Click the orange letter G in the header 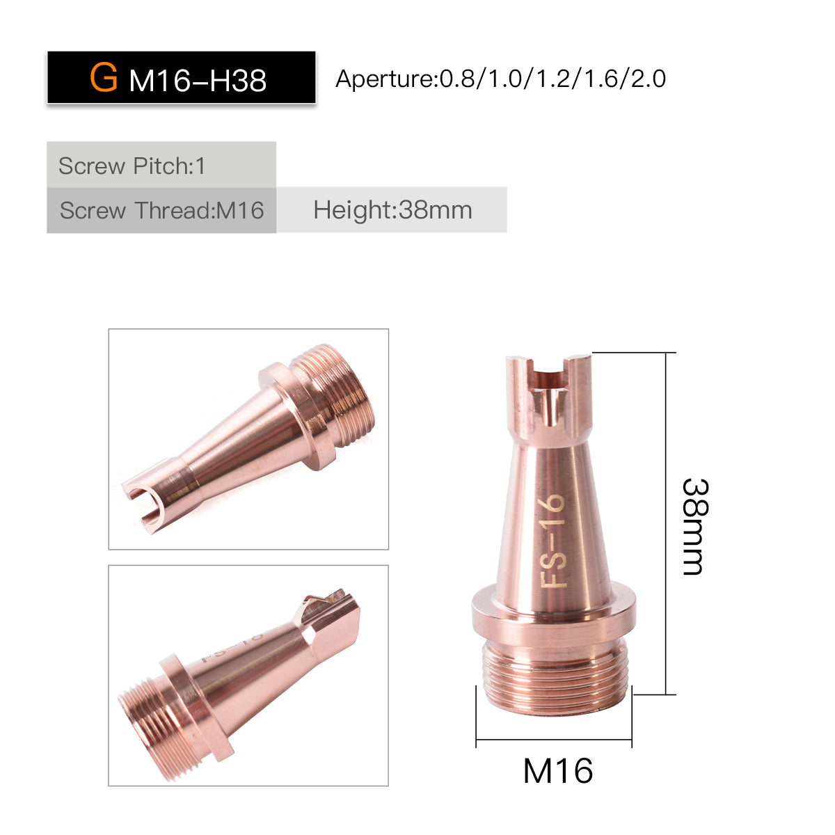(104, 77)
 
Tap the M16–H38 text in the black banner (198, 81)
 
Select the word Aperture (384, 79)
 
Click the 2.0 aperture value (649, 79)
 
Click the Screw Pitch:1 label (132, 166)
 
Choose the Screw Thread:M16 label (161, 211)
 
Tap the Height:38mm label (392, 211)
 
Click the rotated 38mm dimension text (695, 527)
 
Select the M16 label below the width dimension (557, 771)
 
